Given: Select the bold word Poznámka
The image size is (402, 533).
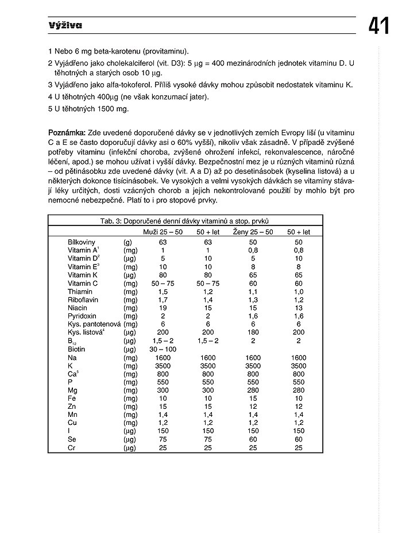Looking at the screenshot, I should tap(67, 133).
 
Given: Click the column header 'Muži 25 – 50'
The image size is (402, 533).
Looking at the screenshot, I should tap(163, 232).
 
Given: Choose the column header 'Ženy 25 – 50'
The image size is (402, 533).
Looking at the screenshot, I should tap(253, 232).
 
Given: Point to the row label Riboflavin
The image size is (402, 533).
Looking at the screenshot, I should tap(84, 300).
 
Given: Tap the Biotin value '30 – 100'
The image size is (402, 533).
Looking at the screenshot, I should tap(163, 349).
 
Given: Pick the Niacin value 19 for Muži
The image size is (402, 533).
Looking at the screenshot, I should tap(163, 308).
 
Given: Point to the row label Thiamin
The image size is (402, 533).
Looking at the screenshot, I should tap(80, 292).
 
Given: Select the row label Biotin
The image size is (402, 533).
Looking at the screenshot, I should tap(76, 349).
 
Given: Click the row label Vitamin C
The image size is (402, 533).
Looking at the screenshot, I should tap(83, 283).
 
